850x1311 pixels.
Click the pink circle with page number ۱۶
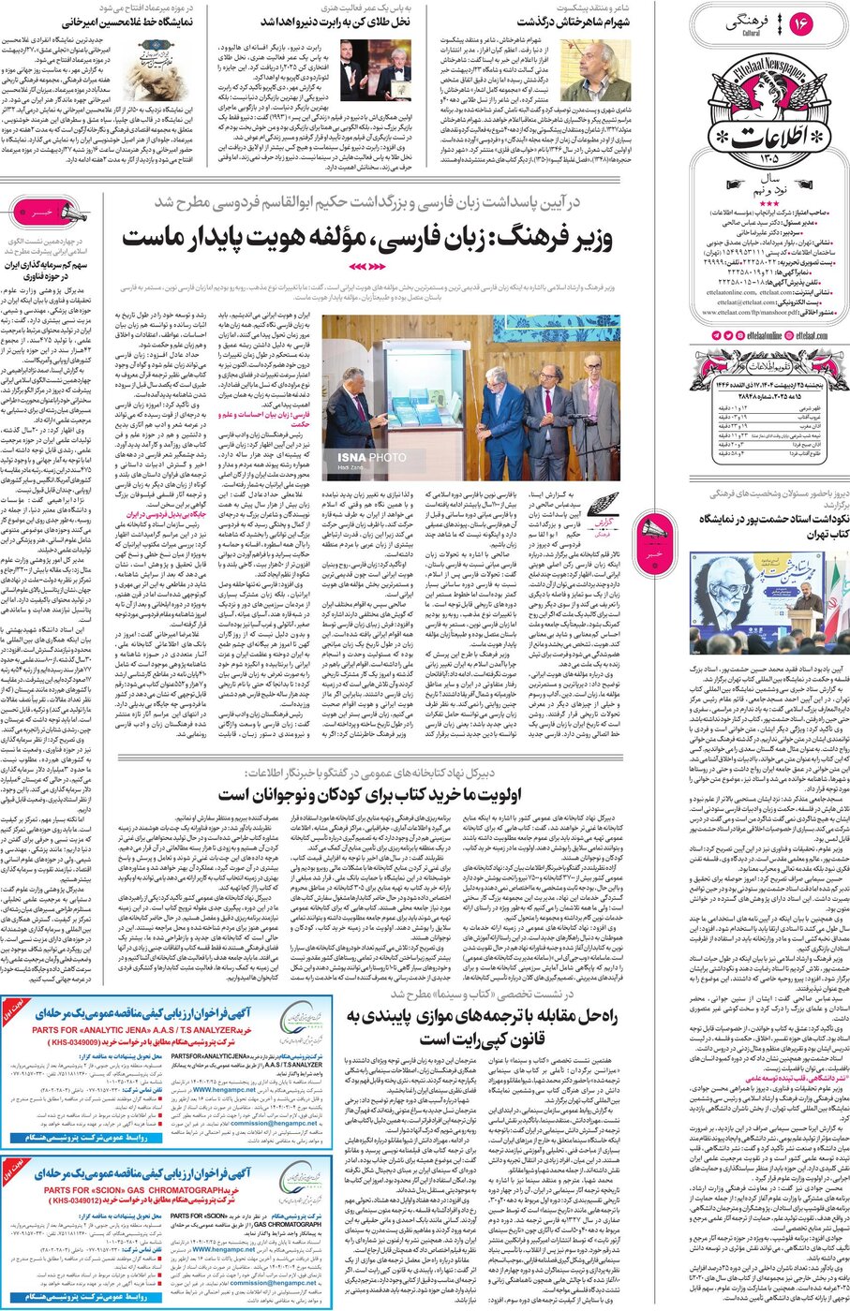801,24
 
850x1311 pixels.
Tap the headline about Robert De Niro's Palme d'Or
363,21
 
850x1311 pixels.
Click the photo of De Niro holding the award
387,69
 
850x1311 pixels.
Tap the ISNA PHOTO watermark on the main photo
372,457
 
